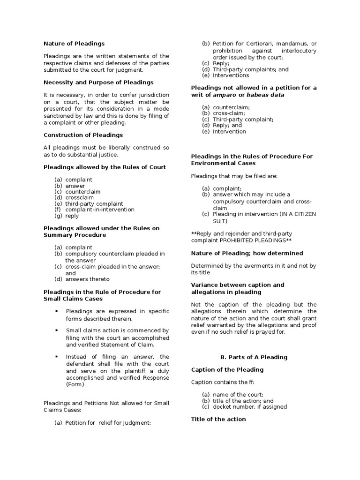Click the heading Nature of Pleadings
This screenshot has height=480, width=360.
point(74,44)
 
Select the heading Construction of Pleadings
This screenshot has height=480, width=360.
point(83,135)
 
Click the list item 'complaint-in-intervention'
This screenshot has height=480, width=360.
point(100,210)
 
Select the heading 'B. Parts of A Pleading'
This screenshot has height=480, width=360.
point(254,357)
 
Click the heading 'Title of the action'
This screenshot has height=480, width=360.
point(218,419)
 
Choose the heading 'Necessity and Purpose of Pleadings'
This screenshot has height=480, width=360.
point(98,82)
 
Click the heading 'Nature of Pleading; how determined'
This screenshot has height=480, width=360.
point(247,253)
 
